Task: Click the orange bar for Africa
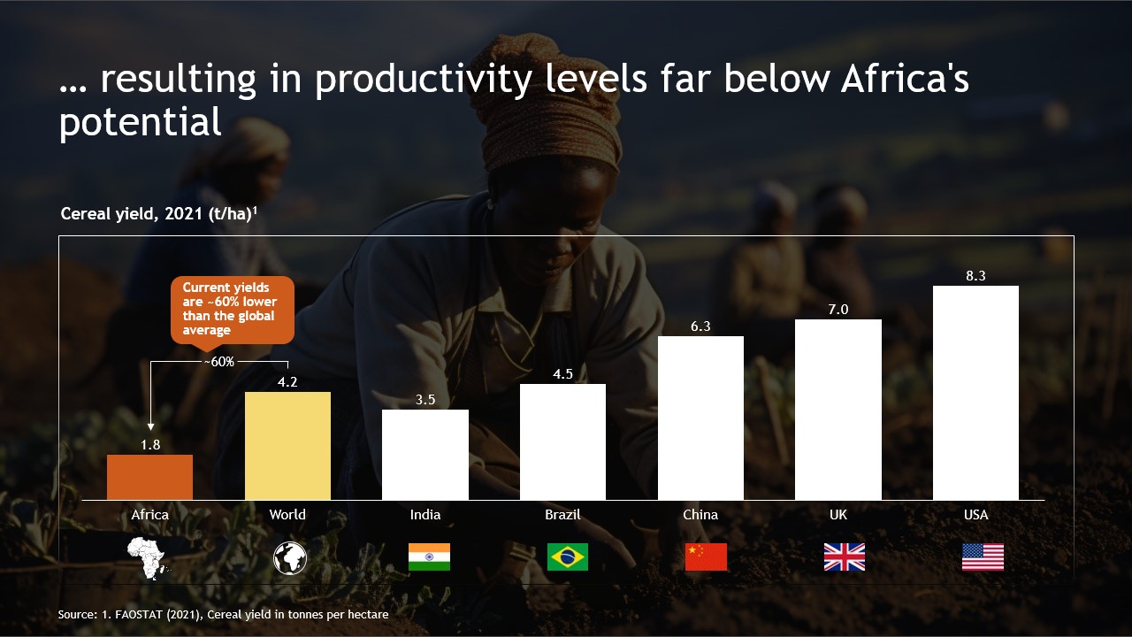coord(149,478)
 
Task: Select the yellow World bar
coord(287,446)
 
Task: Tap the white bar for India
coord(425,455)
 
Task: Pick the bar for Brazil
coord(562,442)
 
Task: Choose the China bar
coord(700,418)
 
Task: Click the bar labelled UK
coord(838,410)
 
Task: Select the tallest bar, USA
coord(975,393)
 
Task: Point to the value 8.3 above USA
coord(975,276)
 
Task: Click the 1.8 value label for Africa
coord(150,445)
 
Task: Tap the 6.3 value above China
coord(700,326)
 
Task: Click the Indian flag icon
coord(429,556)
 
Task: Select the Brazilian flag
coord(567,556)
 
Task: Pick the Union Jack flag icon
coord(844,556)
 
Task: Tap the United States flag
coord(983,556)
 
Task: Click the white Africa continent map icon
coord(148,557)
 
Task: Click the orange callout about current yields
coord(232,309)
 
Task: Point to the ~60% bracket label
coord(218,362)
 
